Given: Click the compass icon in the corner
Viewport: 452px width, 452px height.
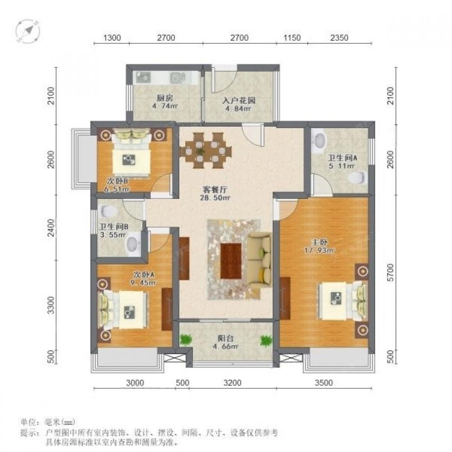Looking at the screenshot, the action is click(28, 32).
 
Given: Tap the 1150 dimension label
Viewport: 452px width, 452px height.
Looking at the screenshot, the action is click(292, 38).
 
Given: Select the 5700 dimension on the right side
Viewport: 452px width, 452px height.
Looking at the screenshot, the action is click(390, 273).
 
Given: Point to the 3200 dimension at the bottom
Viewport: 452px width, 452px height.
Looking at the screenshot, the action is click(232, 383).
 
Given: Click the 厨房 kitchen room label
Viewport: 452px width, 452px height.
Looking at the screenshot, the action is click(165, 98).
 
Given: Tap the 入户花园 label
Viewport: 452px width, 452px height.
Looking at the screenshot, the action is click(239, 101).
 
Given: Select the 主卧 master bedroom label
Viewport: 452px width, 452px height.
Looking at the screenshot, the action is click(320, 242).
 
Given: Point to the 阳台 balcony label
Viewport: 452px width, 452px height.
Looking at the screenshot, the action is click(226, 338).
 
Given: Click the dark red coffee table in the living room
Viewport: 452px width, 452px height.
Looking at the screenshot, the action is click(231, 261).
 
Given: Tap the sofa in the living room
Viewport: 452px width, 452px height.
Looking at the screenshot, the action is click(259, 260).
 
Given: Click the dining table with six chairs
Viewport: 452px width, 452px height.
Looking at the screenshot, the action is click(206, 151).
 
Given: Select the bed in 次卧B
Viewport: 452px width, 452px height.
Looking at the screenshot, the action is click(132, 152).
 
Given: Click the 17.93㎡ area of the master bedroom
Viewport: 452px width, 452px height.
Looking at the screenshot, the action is click(320, 250).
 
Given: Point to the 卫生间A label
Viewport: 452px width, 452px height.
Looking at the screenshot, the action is click(342, 158).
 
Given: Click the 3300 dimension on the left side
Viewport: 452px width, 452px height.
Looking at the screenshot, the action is click(51, 305).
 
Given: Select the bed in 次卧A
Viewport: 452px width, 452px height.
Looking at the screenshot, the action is click(122, 310).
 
